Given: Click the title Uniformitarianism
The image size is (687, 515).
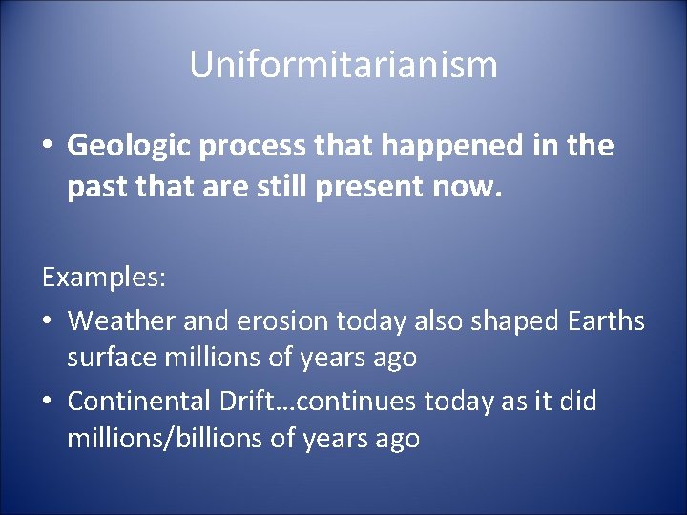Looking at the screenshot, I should click(x=343, y=66).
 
